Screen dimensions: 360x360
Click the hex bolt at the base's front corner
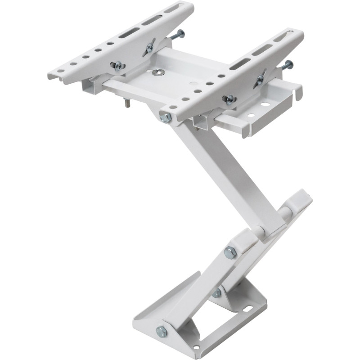[x=161, y=332]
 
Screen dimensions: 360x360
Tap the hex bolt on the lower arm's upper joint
[x=230, y=253]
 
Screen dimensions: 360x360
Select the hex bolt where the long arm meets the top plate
[x=165, y=118]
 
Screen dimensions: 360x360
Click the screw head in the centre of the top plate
[x=158, y=72]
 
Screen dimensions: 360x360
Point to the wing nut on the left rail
[x=149, y=47]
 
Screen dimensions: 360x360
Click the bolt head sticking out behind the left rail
[x=180, y=34]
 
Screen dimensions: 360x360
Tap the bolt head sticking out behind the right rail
[x=288, y=65]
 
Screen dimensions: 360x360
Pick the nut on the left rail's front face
[x=118, y=67]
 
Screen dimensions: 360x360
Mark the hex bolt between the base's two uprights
[x=217, y=293]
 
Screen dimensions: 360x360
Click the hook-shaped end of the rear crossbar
[x=298, y=94]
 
